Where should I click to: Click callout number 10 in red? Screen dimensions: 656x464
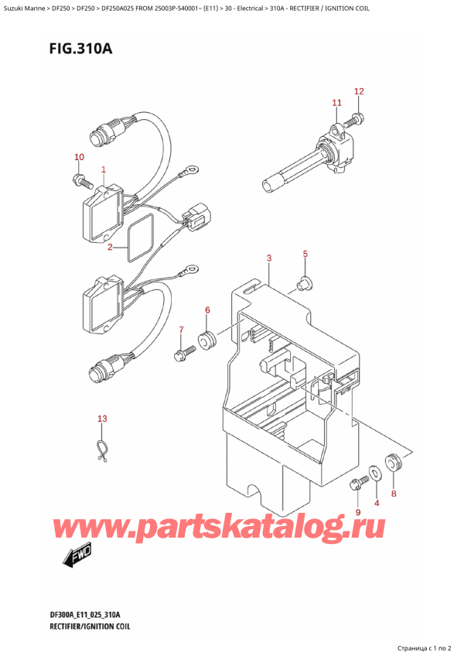(x=79, y=158)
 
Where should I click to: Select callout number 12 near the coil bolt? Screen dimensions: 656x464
(x=359, y=92)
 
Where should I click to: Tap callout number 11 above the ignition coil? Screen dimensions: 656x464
(x=336, y=103)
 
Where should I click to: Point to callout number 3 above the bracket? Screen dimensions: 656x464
(x=268, y=258)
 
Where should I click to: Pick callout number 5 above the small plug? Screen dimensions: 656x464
(x=305, y=254)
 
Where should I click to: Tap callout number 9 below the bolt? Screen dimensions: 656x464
(x=358, y=512)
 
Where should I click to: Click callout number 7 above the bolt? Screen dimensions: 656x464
(x=182, y=330)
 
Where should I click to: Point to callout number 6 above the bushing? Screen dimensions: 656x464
(x=207, y=311)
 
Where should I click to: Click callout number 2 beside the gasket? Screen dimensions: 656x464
(x=111, y=248)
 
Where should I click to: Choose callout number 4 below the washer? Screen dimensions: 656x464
(x=377, y=504)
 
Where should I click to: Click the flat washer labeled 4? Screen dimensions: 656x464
(x=375, y=470)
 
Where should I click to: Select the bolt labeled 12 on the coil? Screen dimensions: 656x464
(x=357, y=119)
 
